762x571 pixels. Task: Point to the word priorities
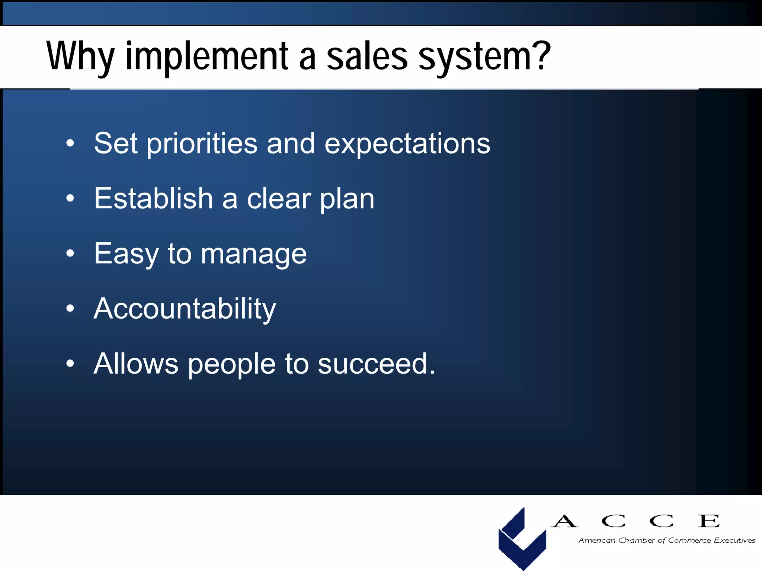pyautogui.click(x=202, y=144)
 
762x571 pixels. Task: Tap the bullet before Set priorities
pyautogui.click(x=70, y=143)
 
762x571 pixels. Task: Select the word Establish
pyautogui.click(x=153, y=199)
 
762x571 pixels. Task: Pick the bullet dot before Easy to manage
pyautogui.click(x=70, y=254)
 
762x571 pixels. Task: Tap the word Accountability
pyautogui.click(x=185, y=309)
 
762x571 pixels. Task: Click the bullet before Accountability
pyautogui.click(x=70, y=308)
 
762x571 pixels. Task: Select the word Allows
pyautogui.click(x=136, y=364)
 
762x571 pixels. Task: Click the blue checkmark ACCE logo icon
pyautogui.click(x=522, y=539)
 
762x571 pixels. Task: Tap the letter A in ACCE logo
pyautogui.click(x=564, y=521)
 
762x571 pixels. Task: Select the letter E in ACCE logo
pyautogui.click(x=708, y=521)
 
